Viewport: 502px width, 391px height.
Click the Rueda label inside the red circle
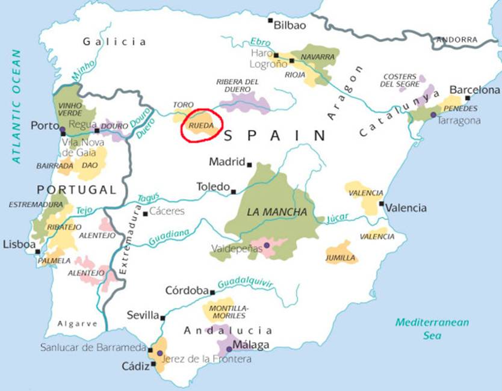click(200, 126)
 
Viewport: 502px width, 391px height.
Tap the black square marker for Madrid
click(249, 164)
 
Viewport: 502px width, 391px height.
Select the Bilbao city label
click(290, 25)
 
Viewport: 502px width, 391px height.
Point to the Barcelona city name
click(475, 90)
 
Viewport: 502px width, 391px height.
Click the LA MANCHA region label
click(277, 212)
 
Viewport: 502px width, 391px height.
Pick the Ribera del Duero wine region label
click(237, 86)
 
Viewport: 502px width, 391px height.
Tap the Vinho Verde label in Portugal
click(70, 109)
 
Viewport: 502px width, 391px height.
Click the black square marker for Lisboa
click(37, 251)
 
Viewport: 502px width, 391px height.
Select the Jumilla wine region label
click(341, 258)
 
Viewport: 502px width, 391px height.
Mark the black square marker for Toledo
click(234, 191)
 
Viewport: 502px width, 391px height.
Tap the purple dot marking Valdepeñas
click(266, 245)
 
